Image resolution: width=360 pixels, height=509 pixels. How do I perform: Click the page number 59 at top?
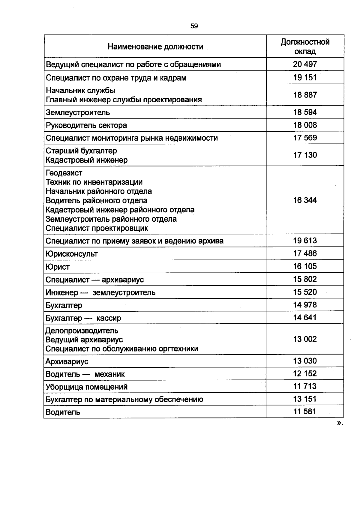194,26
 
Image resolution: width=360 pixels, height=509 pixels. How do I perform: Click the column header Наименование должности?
155,46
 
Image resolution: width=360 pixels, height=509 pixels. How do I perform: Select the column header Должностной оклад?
305,46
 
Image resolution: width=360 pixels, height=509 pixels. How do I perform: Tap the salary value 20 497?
305,64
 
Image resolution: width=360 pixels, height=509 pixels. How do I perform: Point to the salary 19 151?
305,77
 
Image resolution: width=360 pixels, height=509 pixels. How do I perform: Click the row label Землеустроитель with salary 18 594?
78,112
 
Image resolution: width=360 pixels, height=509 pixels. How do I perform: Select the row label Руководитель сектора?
86,125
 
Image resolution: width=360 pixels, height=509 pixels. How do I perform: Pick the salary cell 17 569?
305,138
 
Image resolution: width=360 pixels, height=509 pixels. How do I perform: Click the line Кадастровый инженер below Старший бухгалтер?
87,160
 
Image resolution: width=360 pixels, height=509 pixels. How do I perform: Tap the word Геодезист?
64,173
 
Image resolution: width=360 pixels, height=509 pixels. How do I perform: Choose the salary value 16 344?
305,200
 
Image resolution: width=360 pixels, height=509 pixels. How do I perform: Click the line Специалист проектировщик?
97,228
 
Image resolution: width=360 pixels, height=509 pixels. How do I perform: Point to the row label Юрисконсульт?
72,254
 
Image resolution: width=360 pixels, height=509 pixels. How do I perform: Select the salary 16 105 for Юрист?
305,266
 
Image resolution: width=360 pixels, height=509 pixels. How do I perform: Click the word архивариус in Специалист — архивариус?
123,280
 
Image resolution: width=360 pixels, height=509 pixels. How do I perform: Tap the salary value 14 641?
305,318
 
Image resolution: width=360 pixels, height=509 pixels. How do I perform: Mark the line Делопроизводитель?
82,331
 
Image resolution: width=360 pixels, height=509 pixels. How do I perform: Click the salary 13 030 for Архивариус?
305,361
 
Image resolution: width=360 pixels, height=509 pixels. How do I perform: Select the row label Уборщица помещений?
87,387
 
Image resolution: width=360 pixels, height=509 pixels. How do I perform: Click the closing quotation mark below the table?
339,423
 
